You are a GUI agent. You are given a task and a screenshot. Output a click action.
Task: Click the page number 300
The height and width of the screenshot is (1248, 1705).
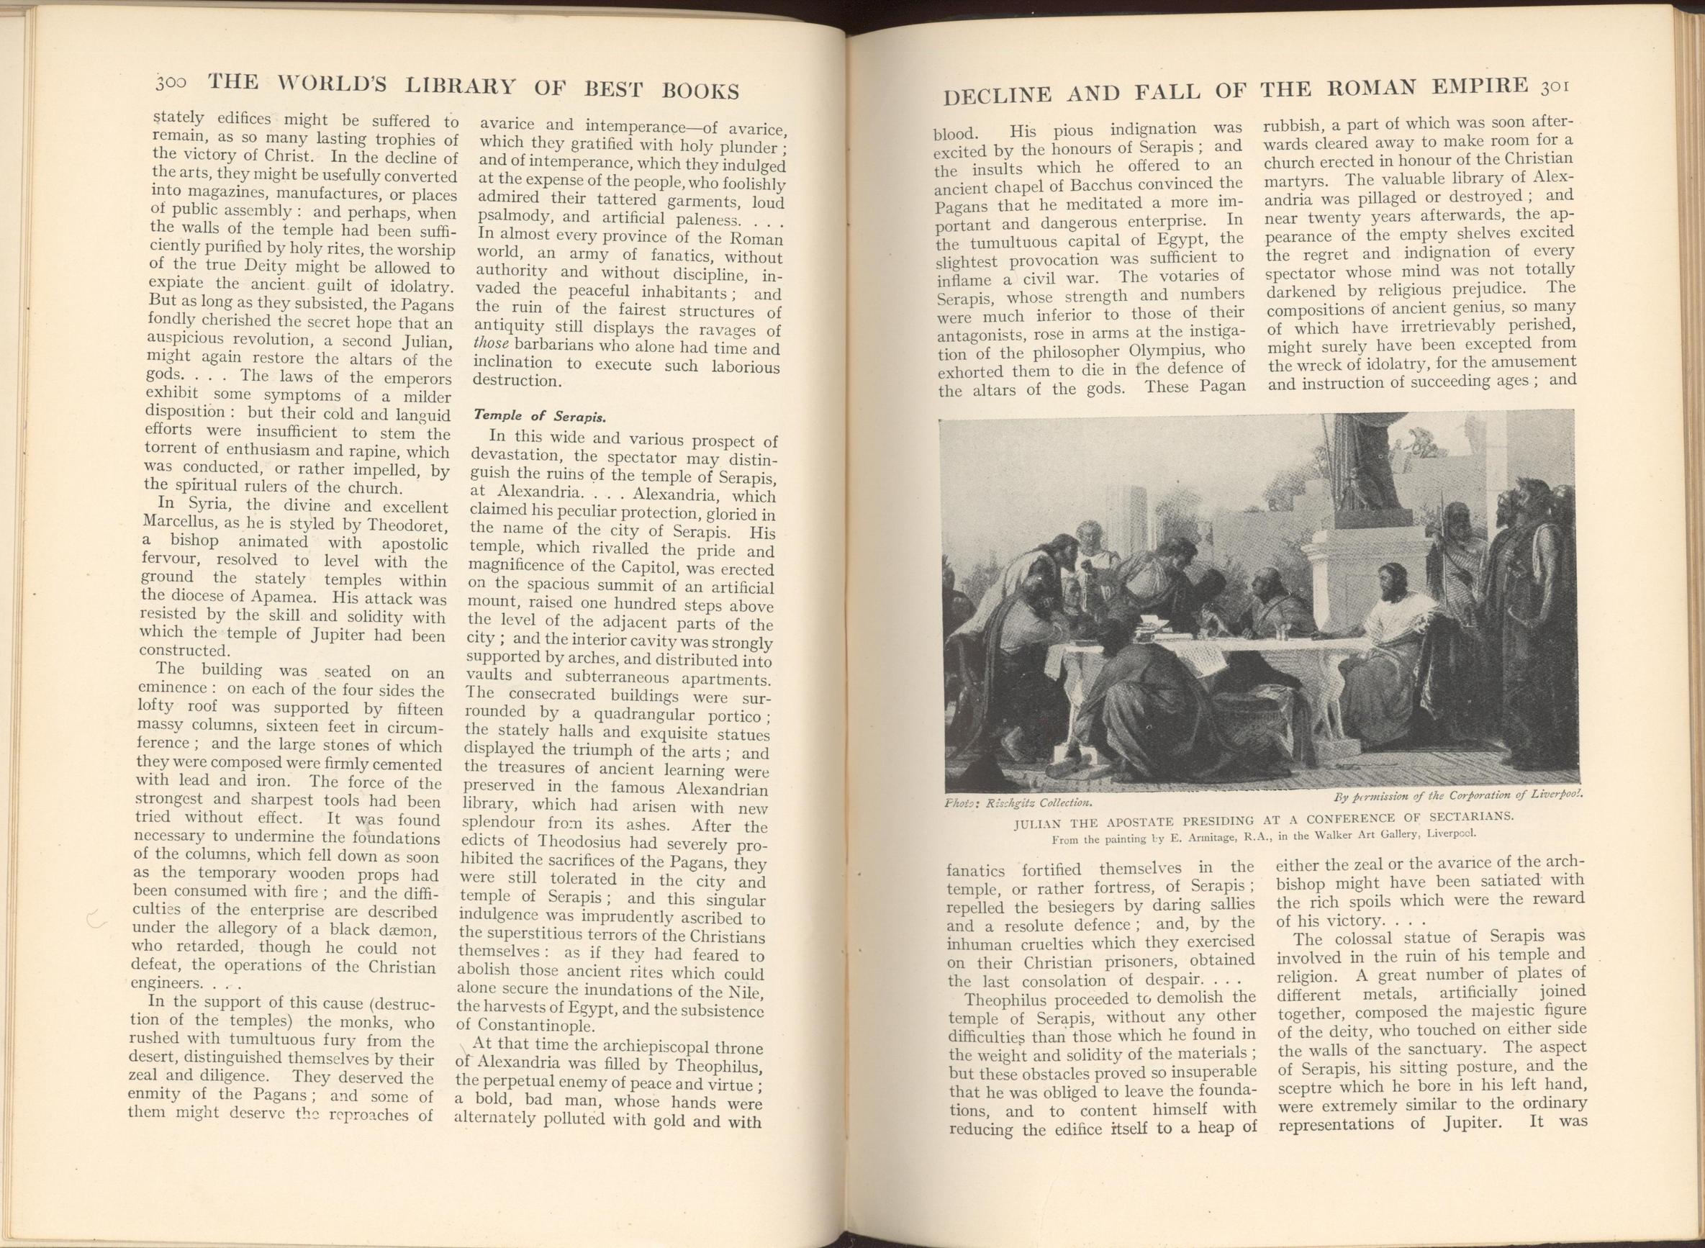(176, 81)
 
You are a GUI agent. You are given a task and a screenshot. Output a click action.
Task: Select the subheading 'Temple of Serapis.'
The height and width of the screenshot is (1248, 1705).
(540, 416)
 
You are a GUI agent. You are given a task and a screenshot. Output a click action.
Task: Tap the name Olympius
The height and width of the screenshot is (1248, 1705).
(1182, 352)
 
